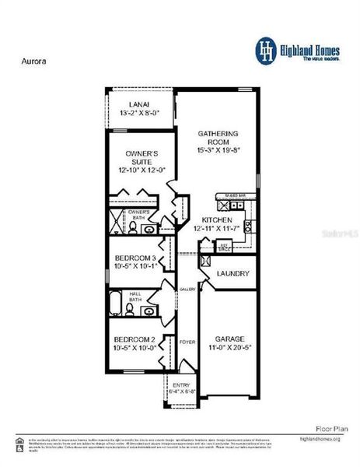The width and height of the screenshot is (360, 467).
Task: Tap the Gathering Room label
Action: click(x=218, y=133)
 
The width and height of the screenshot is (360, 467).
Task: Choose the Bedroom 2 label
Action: click(x=135, y=339)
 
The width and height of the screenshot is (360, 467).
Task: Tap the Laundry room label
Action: click(x=232, y=274)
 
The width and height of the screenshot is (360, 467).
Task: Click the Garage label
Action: click(x=230, y=339)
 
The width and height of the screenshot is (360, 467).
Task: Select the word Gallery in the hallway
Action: click(x=187, y=289)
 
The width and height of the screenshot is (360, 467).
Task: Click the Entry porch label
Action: click(x=181, y=384)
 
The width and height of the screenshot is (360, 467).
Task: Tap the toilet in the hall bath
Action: click(x=131, y=311)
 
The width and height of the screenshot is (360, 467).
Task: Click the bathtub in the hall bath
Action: click(x=114, y=301)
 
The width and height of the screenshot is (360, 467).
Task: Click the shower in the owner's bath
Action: click(x=117, y=221)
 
